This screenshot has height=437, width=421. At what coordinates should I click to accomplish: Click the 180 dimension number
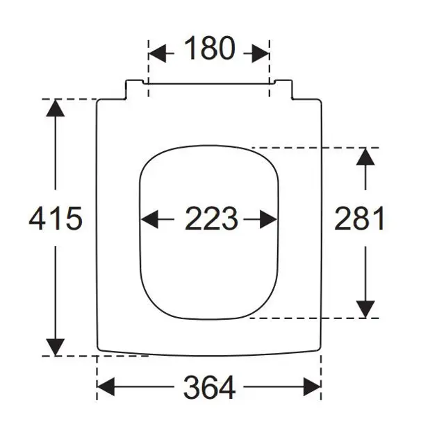tap(209, 49)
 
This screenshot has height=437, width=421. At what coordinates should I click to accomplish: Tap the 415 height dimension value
tap(56, 218)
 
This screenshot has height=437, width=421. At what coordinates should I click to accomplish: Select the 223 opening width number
tap(211, 218)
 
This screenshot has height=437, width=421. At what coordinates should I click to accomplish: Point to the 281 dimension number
tap(359, 218)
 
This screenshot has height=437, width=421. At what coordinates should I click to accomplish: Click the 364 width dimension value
tap(209, 388)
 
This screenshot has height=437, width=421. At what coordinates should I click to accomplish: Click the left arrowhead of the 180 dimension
tap(157, 53)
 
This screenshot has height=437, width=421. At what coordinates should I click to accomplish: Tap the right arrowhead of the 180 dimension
tap(261, 53)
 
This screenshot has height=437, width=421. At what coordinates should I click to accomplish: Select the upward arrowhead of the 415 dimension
tap(56, 108)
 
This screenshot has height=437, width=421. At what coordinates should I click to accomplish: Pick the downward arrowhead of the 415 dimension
tap(56, 348)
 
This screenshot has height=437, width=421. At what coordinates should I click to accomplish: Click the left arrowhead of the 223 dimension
tap(149, 219)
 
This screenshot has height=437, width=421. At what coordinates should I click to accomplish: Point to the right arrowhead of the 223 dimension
tap(268, 219)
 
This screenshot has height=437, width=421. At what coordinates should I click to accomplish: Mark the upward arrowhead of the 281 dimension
tap(365, 157)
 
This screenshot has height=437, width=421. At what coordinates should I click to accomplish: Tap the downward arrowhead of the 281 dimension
tap(365, 309)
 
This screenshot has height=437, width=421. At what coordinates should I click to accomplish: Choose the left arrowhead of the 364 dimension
tap(106, 386)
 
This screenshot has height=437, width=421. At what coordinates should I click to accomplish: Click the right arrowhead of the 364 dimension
tap(312, 386)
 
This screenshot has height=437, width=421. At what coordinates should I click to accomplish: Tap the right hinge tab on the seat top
tap(283, 89)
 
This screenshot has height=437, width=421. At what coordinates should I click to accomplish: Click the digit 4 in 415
tap(38, 218)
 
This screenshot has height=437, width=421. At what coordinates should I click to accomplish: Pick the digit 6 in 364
tap(210, 388)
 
